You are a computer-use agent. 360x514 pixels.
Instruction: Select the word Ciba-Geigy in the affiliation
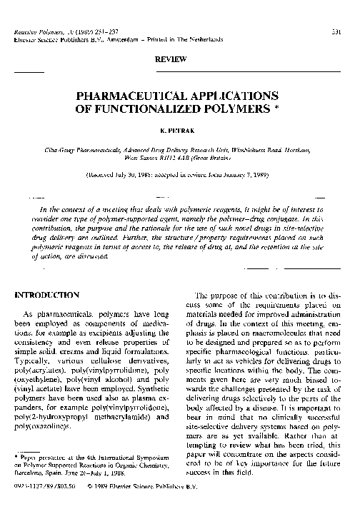[75, 151]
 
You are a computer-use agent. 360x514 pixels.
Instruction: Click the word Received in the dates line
[107, 173]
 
